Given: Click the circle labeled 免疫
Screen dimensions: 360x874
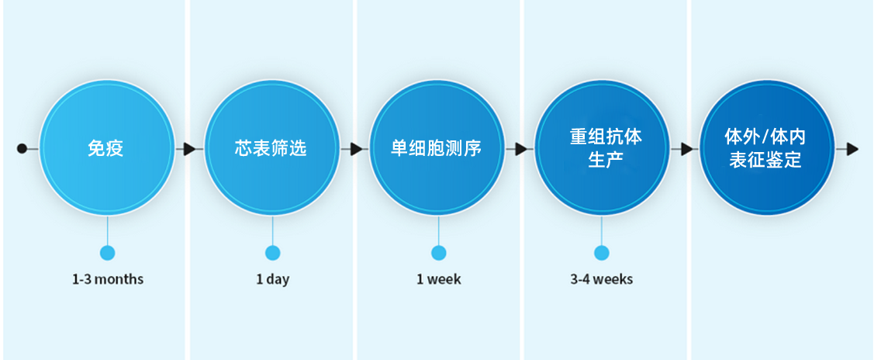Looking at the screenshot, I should point(107,147).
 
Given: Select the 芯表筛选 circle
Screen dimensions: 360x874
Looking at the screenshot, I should point(271,147).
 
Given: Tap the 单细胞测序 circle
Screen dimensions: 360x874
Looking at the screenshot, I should point(437,147).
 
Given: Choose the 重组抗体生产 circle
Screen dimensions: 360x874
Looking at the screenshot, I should point(602,147).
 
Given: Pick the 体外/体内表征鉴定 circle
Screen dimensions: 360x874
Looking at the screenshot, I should point(766,147).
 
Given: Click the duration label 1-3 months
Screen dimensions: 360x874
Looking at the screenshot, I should point(108,279).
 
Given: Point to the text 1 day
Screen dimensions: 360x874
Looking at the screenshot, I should point(272,279).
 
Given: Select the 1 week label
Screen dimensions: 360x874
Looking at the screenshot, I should point(438,279).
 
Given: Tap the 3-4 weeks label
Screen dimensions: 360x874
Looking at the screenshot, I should point(601,279).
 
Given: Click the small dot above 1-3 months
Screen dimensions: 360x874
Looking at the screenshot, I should point(108,253).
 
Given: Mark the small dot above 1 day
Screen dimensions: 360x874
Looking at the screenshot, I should point(272,253).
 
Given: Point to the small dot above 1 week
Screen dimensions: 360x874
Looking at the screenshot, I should point(439,253).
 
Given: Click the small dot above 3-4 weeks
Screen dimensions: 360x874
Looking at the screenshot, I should point(602,253).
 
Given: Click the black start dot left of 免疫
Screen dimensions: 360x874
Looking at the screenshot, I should point(22,148).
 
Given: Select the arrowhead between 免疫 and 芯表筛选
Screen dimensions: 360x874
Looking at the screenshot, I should point(189,148).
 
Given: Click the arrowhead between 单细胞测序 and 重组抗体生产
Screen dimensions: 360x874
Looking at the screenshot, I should point(521,148).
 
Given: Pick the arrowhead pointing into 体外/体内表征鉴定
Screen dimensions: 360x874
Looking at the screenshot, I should point(686,148).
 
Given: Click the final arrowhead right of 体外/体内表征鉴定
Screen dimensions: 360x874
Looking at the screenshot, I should point(852,148).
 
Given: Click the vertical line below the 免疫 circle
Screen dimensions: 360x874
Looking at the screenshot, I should point(108,230).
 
